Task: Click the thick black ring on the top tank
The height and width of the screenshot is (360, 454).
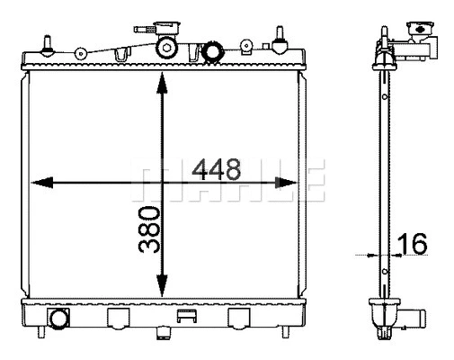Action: point(212,51)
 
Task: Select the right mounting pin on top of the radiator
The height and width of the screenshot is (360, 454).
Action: point(281,38)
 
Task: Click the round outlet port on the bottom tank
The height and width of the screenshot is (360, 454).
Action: point(60,319)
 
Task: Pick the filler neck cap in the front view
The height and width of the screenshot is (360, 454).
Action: point(169,28)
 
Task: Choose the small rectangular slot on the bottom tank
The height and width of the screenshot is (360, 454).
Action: point(187,315)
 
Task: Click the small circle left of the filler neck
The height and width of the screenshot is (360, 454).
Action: point(83,52)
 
